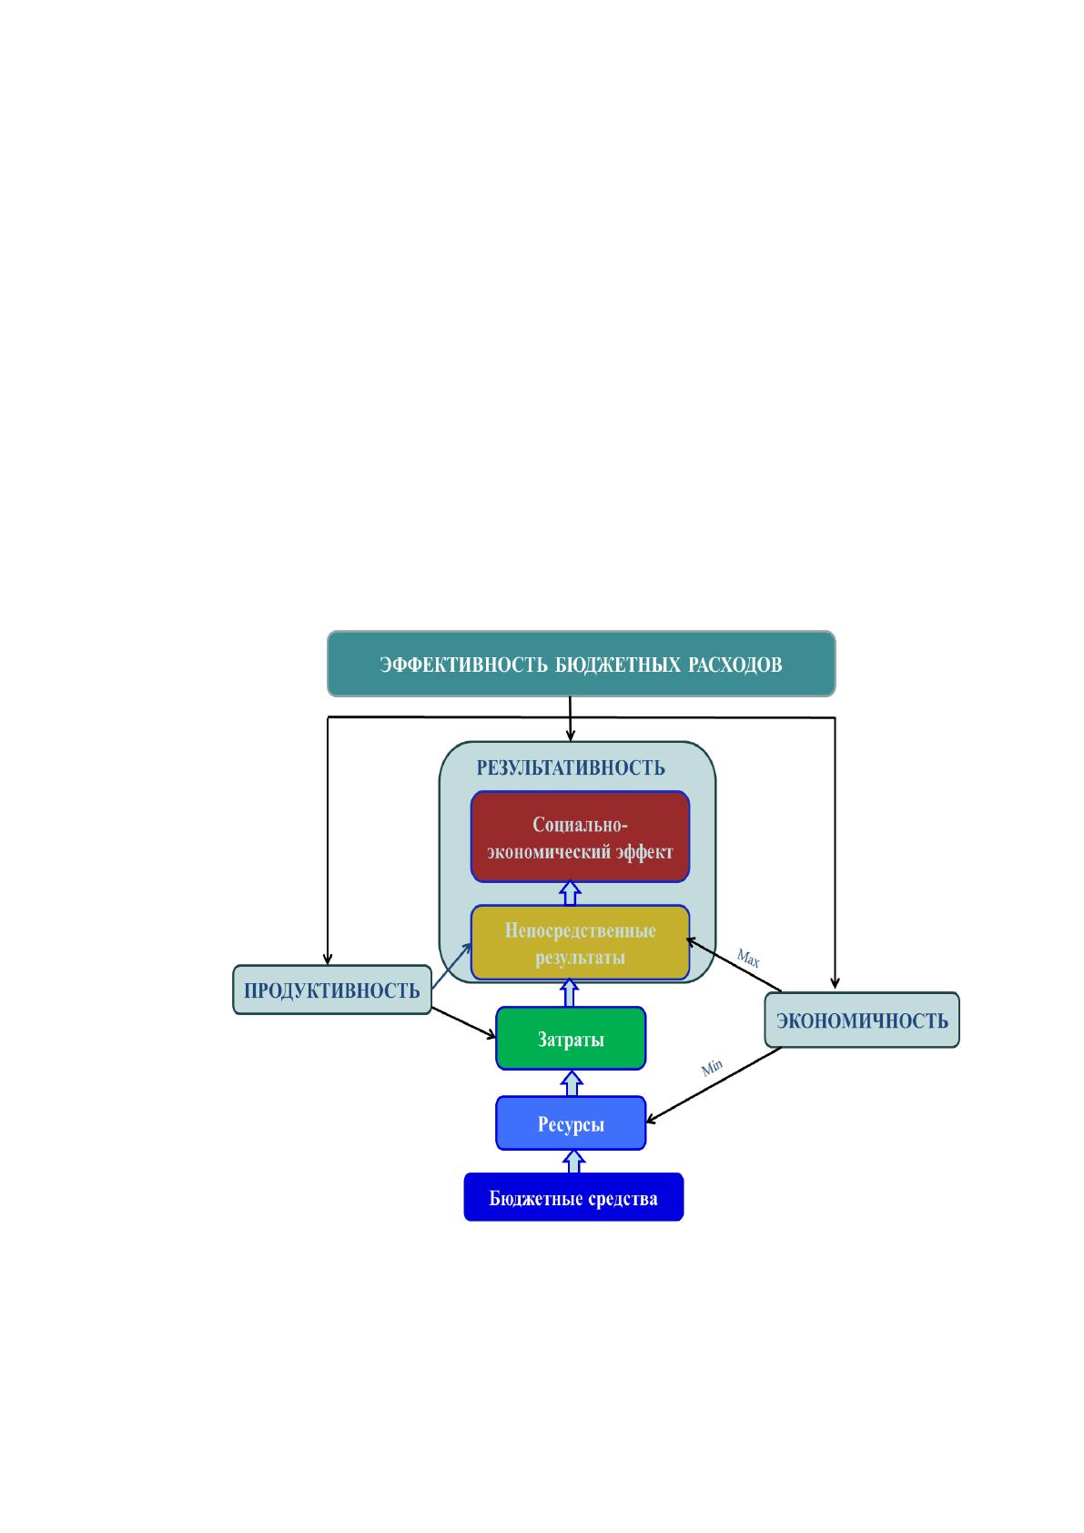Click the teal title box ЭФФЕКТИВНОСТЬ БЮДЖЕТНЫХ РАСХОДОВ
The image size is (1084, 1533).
tap(581, 663)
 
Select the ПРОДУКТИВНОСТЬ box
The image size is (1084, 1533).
tap(332, 990)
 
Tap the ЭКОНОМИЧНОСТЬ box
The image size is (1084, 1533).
tap(862, 1020)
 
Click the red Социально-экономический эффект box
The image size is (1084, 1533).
tap(580, 837)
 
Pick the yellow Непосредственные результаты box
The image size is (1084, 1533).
tap(580, 942)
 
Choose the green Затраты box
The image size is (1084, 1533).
tap(571, 1038)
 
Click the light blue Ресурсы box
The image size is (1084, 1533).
tap(571, 1123)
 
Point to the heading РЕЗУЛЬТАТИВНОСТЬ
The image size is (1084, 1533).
tap(571, 768)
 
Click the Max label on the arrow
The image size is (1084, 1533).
tap(748, 958)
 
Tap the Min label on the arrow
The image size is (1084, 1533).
tap(712, 1067)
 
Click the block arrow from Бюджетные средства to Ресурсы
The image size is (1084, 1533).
tap(573, 1162)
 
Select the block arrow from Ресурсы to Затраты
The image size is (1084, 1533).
tap(572, 1083)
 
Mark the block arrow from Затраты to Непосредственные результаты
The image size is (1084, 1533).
tap(570, 993)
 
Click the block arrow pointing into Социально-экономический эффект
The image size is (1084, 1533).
tap(570, 894)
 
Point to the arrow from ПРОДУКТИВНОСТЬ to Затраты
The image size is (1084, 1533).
tap(463, 1022)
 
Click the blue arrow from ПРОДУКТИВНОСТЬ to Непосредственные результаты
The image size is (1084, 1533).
tap(451, 966)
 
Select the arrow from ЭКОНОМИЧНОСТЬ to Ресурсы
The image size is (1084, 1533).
tap(714, 1085)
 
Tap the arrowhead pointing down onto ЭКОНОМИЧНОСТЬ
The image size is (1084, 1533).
tap(835, 983)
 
